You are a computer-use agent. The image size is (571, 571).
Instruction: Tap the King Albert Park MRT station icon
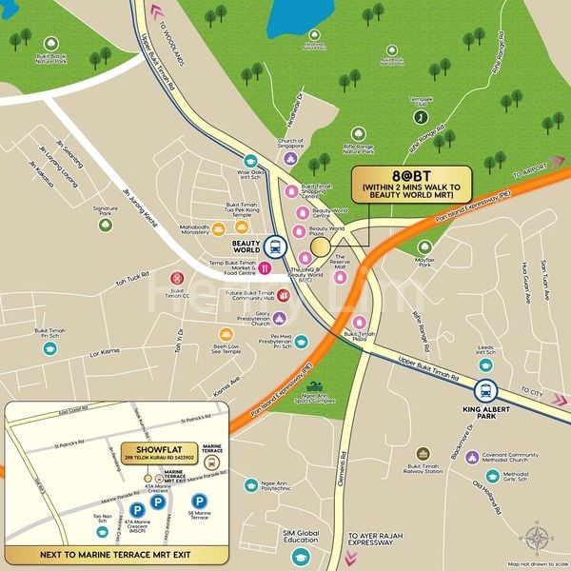(x=486, y=390)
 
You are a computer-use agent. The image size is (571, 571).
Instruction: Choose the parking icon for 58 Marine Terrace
(x=199, y=501)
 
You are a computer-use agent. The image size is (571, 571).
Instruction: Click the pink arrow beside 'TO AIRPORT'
(x=556, y=163)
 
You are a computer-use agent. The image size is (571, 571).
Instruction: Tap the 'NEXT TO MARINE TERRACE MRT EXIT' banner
(x=115, y=553)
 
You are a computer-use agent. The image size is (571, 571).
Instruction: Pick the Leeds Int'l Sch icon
(x=486, y=364)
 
